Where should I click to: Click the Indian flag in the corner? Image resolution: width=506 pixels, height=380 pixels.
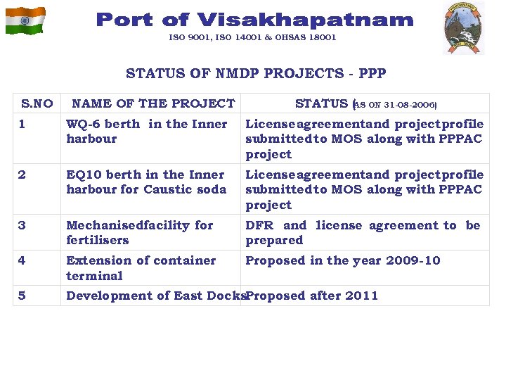[25, 20]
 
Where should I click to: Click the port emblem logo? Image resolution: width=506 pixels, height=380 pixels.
[463, 27]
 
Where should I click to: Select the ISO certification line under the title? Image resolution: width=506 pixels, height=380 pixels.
[252, 37]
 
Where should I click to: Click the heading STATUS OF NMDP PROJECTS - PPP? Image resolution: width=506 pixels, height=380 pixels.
[256, 73]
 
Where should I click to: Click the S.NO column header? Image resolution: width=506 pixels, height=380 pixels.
[37, 103]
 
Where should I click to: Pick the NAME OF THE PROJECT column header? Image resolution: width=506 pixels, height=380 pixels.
[153, 103]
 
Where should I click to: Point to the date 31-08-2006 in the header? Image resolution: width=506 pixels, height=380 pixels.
[410, 105]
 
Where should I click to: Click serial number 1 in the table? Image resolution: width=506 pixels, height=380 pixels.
[22, 124]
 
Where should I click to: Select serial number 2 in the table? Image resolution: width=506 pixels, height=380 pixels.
[22, 175]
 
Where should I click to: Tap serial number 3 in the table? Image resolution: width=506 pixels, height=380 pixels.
[22, 225]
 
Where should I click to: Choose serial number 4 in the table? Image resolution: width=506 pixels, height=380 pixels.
[22, 260]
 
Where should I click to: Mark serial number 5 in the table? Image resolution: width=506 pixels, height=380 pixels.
[22, 296]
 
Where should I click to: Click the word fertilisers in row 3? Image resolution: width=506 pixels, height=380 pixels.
[98, 240]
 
